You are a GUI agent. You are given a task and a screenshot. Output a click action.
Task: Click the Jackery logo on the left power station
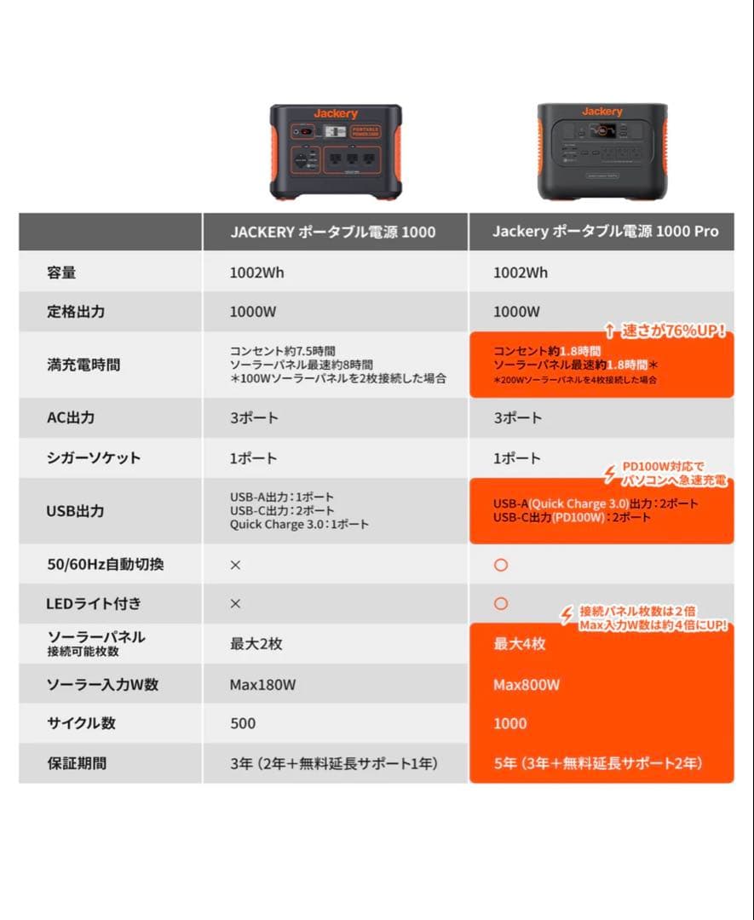click(336, 114)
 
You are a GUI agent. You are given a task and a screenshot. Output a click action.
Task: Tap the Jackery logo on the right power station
click(602, 112)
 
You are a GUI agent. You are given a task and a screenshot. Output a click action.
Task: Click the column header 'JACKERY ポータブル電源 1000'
click(332, 232)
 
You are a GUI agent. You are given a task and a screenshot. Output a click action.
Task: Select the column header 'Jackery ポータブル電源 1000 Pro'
click(605, 232)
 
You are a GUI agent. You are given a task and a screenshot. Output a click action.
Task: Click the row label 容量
click(61, 273)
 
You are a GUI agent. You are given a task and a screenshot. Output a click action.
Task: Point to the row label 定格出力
click(76, 312)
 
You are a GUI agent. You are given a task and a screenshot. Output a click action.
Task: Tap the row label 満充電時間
click(83, 365)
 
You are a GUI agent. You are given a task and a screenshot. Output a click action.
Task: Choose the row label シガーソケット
click(93, 457)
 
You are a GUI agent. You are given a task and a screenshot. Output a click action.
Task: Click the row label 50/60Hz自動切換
click(105, 564)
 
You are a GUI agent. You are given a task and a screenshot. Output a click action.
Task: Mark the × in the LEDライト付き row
click(236, 603)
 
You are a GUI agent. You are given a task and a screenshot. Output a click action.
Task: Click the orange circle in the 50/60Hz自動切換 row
click(501, 565)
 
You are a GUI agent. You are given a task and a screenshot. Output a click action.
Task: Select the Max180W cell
click(262, 684)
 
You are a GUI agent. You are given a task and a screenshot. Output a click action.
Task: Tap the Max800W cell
click(527, 685)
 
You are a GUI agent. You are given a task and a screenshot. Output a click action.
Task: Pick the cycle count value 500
click(243, 723)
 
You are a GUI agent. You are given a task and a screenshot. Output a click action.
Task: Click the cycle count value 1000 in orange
click(510, 723)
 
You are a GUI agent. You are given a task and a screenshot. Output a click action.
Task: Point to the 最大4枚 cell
click(520, 644)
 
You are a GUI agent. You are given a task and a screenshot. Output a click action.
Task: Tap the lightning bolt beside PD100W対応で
click(609, 474)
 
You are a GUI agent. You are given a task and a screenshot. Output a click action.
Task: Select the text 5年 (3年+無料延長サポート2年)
click(598, 763)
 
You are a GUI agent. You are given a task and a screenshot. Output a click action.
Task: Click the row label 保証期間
click(77, 763)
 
